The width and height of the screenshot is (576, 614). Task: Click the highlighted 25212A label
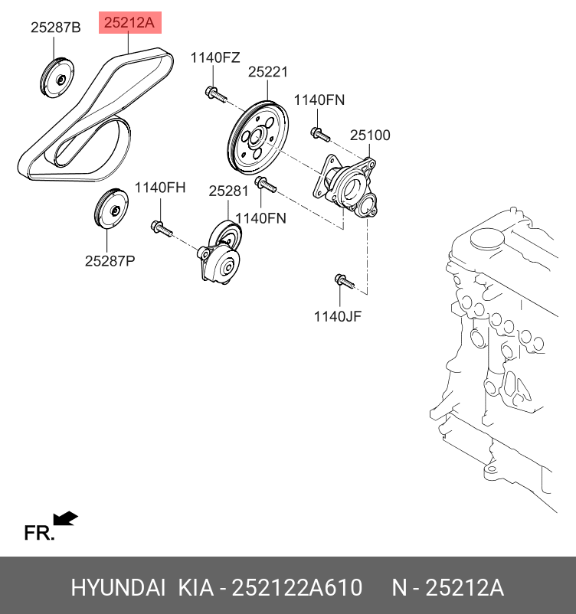pos(129,24)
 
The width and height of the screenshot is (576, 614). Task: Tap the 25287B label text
pos(55,28)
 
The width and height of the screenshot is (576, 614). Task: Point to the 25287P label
pos(110,260)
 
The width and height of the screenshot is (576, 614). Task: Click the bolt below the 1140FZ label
pos(214,95)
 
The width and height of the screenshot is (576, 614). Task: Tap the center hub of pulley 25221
pos(256,139)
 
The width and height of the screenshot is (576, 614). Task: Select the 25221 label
pos(267,72)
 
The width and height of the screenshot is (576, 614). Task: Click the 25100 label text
pos(370,136)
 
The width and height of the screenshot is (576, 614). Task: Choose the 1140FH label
pos(160,188)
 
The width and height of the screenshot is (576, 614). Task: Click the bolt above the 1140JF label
pos(344,281)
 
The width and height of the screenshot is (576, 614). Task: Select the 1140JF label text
pos(338,315)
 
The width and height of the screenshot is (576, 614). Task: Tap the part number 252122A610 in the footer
pos(297,588)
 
